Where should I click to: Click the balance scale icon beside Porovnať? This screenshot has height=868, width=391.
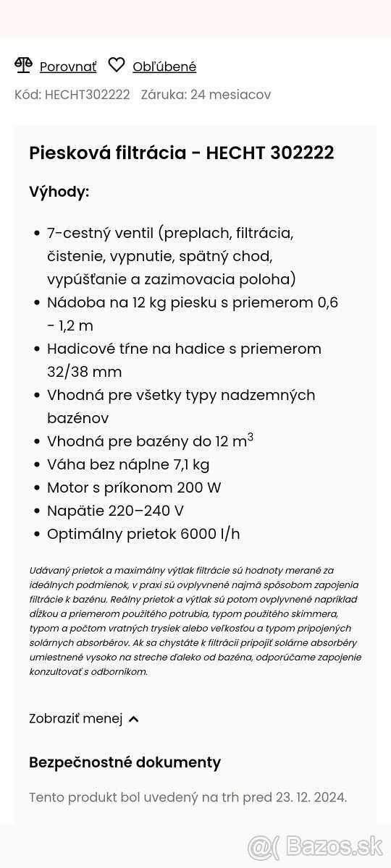pos(23,66)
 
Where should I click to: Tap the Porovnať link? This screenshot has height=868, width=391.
pos(67,67)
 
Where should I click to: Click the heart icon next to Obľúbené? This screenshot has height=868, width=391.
pos(117,66)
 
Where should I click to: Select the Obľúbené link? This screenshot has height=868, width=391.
pos(164,67)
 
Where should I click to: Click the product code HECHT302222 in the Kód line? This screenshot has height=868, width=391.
pos(87,95)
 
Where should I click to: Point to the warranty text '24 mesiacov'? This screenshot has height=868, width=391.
pos(230,95)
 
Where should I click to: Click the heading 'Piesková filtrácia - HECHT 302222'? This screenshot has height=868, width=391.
pos(181,153)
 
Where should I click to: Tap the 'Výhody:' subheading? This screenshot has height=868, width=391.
pos(59,192)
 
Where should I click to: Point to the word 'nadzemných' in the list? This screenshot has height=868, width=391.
pos(274,395)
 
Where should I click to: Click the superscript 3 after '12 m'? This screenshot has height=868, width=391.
pos(251,437)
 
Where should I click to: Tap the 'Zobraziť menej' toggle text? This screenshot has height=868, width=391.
pos(76,718)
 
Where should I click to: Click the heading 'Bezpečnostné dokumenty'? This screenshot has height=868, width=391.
pos(125,762)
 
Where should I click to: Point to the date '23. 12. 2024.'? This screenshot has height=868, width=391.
pos(311,798)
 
